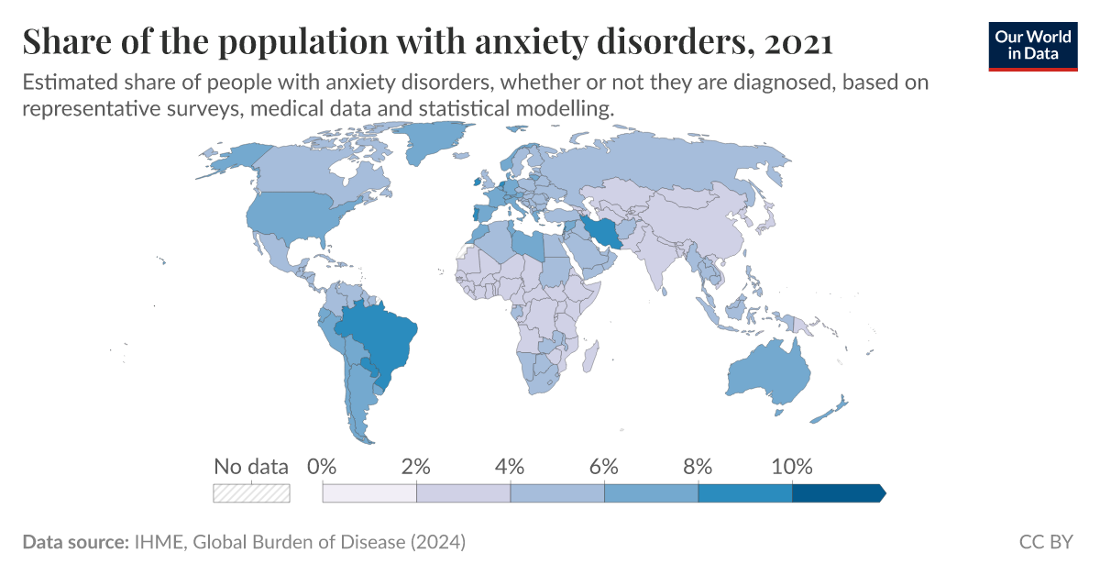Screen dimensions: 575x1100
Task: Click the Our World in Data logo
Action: (x=1032, y=44)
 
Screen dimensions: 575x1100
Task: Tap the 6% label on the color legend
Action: (x=604, y=466)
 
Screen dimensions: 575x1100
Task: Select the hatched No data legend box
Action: (x=251, y=493)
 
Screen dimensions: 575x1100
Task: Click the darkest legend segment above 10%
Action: (x=836, y=493)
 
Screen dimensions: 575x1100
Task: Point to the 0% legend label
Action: (x=323, y=466)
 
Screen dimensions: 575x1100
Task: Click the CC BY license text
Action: (x=1045, y=542)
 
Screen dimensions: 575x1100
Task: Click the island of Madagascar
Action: (x=592, y=354)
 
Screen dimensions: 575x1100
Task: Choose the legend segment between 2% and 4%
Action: (x=463, y=493)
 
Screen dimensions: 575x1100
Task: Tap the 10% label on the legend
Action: (x=792, y=466)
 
